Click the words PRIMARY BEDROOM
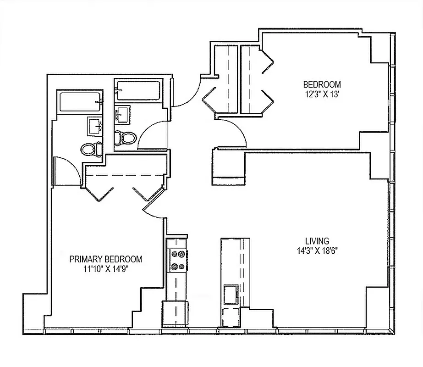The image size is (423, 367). pos(105,259)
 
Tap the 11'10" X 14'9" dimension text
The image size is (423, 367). pos(105,269)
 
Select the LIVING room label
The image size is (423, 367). pos(317,241)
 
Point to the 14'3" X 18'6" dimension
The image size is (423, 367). pos(317,250)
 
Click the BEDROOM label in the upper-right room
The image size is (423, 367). pos(322,84)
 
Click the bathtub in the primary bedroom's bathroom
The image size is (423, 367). pos(79,102)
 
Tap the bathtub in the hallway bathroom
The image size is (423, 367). pos(137,90)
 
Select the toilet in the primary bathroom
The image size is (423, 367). pos(90,149)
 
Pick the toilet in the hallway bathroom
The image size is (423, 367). pos(125,137)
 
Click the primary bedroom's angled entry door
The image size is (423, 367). pos(153,204)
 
